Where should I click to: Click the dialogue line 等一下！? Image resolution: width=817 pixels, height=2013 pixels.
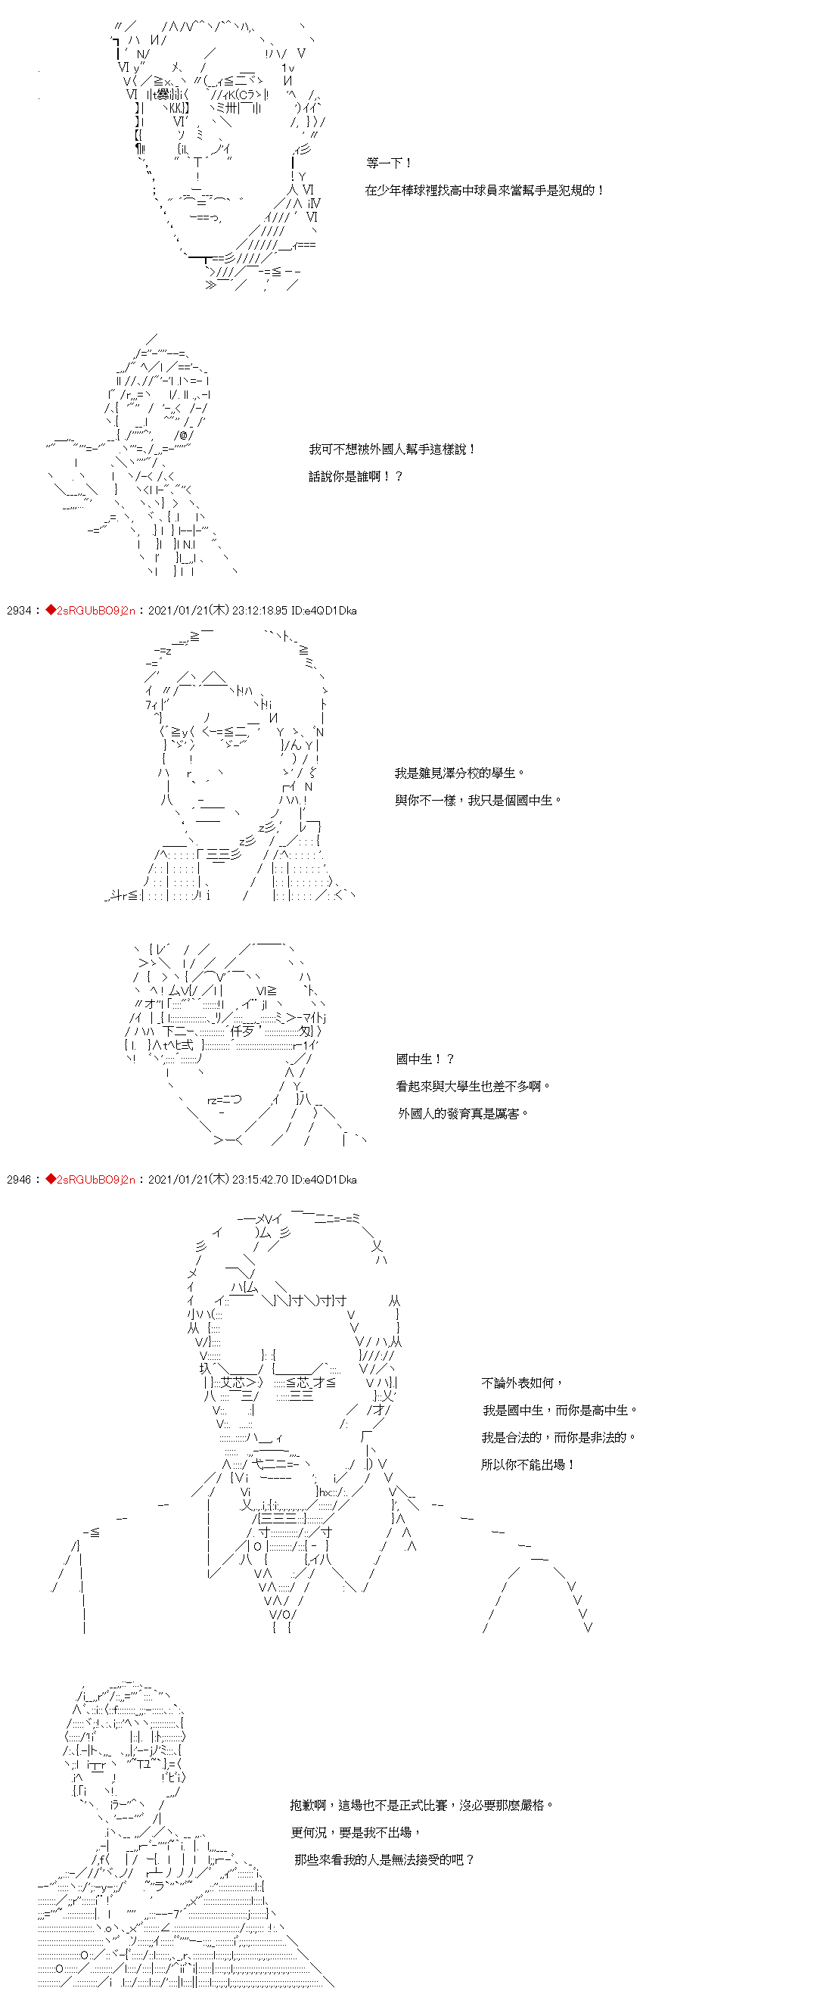click(388, 163)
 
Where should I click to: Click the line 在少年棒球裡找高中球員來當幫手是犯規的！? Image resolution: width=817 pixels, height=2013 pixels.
click(484, 191)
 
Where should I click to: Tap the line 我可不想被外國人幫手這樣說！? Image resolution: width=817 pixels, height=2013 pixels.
click(392, 450)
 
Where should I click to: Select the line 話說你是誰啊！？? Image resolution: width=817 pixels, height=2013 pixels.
click(356, 477)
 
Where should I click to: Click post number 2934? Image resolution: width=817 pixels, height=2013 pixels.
click(19, 610)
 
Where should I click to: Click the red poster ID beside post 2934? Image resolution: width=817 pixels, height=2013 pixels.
click(90, 610)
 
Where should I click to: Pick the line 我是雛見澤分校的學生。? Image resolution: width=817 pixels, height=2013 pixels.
click(459, 773)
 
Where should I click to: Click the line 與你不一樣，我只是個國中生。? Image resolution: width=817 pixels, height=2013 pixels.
click(478, 801)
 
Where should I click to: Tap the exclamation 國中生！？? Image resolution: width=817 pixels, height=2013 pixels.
click(425, 1059)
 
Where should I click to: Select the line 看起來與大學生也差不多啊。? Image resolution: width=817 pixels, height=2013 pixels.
click(474, 1087)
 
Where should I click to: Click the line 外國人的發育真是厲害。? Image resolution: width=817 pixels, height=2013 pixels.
click(463, 1114)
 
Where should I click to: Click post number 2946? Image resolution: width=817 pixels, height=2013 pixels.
click(19, 1180)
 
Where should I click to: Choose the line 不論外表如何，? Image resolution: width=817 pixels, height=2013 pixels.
click(522, 1383)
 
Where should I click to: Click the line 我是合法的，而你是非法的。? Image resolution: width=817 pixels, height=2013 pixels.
click(559, 1438)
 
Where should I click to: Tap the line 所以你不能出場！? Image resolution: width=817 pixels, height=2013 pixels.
click(528, 1465)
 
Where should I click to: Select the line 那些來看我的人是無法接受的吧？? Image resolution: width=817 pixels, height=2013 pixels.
click(384, 1860)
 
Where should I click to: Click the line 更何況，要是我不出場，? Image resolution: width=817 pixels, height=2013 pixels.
click(356, 1832)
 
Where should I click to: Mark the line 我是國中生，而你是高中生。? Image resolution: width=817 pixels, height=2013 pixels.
click(560, 1411)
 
